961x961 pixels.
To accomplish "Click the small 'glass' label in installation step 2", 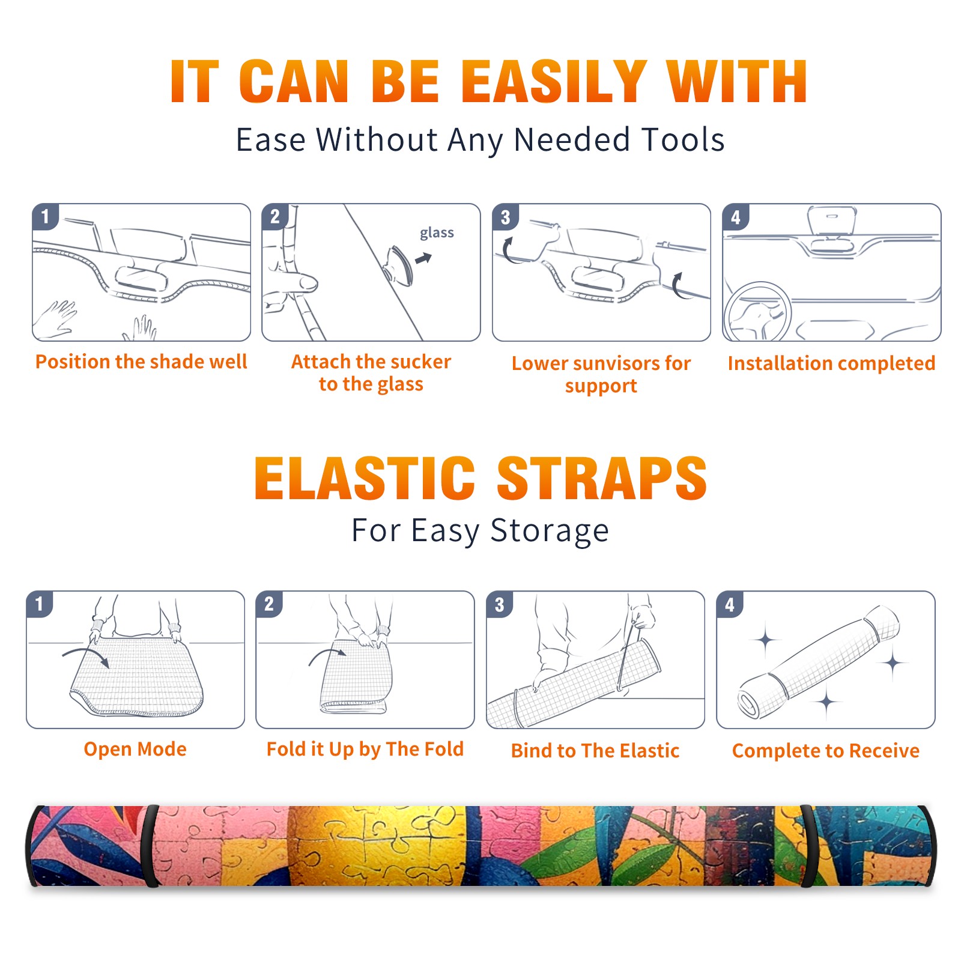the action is [437, 232].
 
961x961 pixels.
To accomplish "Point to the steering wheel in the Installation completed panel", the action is [758, 312].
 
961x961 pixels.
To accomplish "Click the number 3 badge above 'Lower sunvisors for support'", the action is [505, 217].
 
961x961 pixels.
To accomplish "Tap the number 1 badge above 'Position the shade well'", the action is [45, 216].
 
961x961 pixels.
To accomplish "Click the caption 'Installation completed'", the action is [831, 363].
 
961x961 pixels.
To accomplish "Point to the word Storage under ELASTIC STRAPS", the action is [550, 531].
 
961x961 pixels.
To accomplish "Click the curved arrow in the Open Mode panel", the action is [86, 656].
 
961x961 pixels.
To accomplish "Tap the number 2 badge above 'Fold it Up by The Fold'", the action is [268, 604].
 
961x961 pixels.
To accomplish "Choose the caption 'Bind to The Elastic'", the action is [595, 751].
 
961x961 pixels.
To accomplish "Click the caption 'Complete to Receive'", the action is [826, 751].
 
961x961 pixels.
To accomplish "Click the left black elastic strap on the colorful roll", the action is [151, 846].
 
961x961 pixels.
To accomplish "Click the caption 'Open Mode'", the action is [135, 749].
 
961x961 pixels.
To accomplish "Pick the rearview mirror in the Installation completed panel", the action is [832, 221].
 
